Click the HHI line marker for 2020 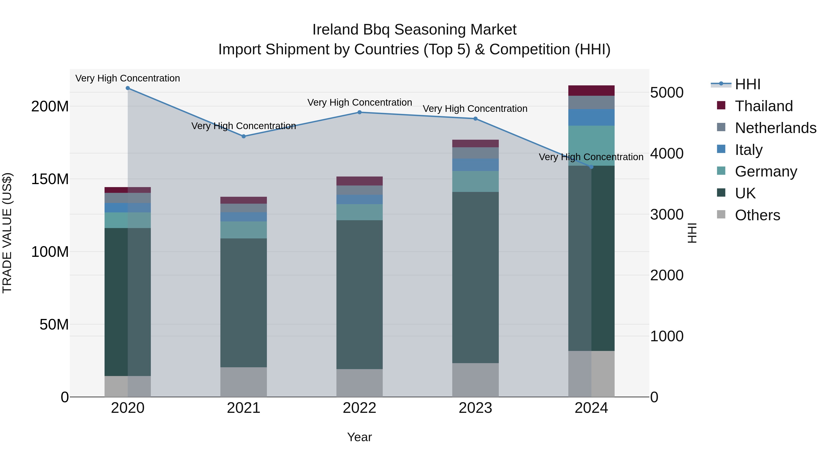point(128,88)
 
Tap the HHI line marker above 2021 point(244,136)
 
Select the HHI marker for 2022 point(359,112)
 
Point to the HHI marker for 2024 point(591,167)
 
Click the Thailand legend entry point(764,106)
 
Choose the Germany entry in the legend point(766,171)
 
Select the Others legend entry point(757,215)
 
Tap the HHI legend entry point(747,84)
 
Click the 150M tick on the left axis point(50,179)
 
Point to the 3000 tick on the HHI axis point(666,214)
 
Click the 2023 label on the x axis point(475,408)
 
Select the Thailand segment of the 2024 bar point(591,90)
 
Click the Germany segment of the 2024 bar point(591,145)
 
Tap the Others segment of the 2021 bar point(244,382)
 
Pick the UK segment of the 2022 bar point(359,294)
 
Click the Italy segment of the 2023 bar point(475,165)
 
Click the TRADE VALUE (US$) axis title point(7,233)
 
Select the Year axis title point(359,437)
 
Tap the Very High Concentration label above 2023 point(475,109)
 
